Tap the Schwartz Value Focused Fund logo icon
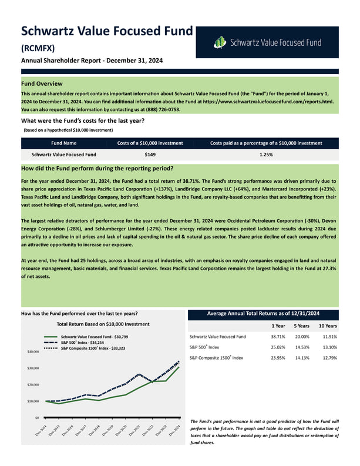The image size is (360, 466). click(x=220, y=42)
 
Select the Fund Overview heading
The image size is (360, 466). click(x=42, y=83)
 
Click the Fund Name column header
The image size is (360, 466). click(x=63, y=143)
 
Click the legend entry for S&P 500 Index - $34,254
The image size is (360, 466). click(x=90, y=342)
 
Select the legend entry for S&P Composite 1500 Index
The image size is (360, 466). click(x=96, y=348)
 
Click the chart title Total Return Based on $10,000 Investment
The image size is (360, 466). click(x=103, y=324)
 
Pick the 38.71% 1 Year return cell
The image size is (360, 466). click(x=278, y=337)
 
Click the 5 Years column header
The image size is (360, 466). click(x=302, y=326)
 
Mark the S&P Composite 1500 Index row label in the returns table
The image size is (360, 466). click(x=216, y=358)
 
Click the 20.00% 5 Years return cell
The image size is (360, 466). click(x=302, y=337)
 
